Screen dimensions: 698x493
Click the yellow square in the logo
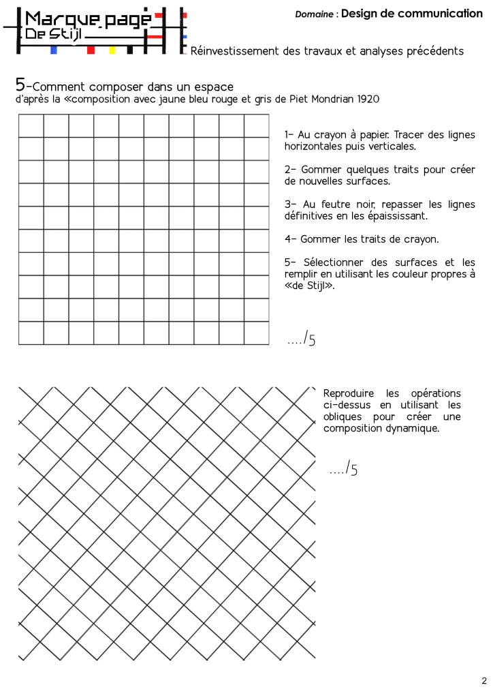click(112, 50)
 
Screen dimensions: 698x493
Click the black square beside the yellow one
click(129, 50)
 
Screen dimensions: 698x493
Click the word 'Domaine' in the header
click(315, 14)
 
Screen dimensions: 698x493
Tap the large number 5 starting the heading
click(20, 85)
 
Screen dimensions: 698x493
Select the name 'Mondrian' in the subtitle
click(320, 100)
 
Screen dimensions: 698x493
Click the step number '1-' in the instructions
click(289, 135)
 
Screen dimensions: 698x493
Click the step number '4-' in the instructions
click(289, 239)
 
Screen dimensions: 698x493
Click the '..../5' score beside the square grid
click(302, 339)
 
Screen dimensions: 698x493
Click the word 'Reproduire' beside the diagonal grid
click(349, 393)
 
